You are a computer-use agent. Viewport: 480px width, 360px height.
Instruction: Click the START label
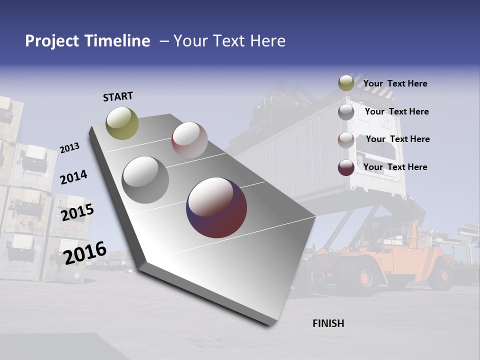[x=118, y=96]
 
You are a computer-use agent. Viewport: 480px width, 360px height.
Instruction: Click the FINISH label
[x=328, y=323]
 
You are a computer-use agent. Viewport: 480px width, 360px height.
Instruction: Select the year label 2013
[x=69, y=148]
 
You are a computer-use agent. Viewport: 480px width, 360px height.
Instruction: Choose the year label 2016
[x=85, y=252]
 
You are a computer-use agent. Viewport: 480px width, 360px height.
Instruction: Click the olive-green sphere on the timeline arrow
[x=122, y=123]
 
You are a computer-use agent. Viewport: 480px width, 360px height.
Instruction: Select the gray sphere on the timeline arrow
[x=145, y=180]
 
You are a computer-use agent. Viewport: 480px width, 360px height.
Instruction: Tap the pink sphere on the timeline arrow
[x=189, y=139]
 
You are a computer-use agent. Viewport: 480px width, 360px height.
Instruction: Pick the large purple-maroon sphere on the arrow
[x=216, y=207]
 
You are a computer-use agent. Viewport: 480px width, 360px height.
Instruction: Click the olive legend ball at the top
[x=346, y=83]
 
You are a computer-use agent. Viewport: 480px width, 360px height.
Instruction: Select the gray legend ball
[x=346, y=112]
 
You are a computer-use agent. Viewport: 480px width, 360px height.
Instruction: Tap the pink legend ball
[x=346, y=140]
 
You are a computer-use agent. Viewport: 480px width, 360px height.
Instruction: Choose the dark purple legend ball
[x=346, y=167]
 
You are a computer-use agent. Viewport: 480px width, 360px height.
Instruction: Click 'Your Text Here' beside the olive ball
[x=395, y=84]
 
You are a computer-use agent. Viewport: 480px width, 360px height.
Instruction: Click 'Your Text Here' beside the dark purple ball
[x=395, y=167]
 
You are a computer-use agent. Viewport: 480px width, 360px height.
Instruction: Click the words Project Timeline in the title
[x=87, y=41]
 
